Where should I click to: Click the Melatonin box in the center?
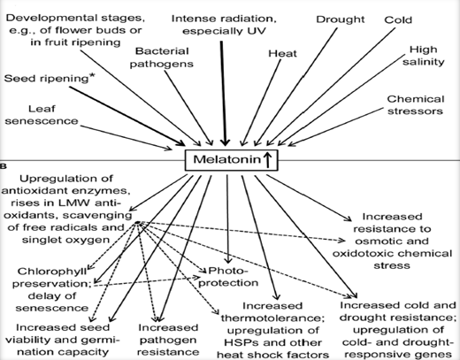[231, 160]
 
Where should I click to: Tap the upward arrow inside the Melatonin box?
[268, 160]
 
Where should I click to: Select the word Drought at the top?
[341, 19]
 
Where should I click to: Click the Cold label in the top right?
[398, 20]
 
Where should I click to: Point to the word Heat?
[282, 53]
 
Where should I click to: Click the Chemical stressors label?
[416, 105]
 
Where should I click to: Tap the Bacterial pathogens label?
[162, 57]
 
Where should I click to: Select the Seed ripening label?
[46, 79]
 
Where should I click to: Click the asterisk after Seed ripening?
[93, 76]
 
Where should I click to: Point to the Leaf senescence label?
[42, 115]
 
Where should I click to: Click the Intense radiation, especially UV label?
[224, 25]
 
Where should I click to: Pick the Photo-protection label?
[228, 277]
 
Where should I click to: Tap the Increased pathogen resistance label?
[168, 340]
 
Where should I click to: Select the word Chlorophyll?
[52, 272]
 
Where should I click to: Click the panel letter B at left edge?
[4, 166]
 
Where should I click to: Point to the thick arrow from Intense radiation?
[224, 94]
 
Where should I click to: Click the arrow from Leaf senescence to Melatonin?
[126, 138]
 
